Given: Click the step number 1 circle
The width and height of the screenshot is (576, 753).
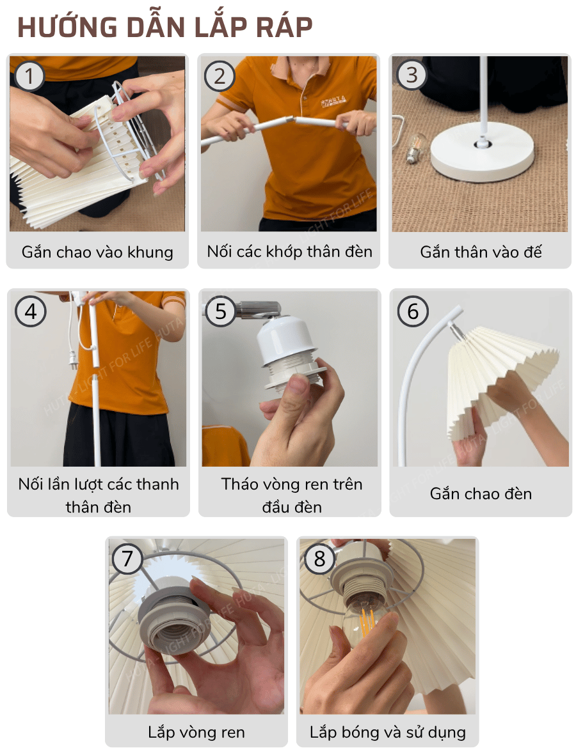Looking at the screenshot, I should pos(29,77).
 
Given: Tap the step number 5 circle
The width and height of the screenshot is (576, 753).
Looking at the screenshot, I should pos(221,311).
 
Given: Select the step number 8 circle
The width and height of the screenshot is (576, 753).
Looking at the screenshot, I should pos(319,559).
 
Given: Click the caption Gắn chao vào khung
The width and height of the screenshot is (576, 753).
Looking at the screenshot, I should pos(97,251).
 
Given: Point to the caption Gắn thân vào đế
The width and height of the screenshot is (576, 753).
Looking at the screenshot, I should pos(481,251).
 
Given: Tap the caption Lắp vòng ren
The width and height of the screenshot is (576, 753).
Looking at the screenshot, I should pos(196,732).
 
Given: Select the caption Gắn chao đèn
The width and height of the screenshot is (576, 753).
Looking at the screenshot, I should pos(481,493).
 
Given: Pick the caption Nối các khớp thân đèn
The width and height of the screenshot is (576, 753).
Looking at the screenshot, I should pos(289,251).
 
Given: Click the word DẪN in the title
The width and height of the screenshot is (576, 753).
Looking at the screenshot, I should pos(157,27).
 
